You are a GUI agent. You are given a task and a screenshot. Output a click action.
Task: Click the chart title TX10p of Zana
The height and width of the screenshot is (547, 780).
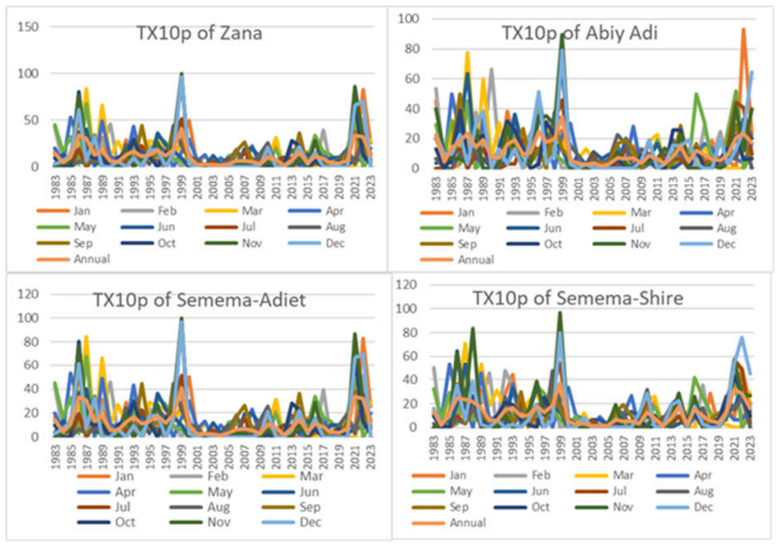tap(199, 34)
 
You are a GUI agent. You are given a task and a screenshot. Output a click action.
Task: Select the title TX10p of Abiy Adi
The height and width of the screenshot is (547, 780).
tap(579, 34)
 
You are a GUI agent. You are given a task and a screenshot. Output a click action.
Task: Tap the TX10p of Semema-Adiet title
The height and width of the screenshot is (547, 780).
tap(199, 300)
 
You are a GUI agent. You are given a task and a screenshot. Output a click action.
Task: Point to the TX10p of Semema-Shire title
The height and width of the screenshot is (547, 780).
tap(578, 299)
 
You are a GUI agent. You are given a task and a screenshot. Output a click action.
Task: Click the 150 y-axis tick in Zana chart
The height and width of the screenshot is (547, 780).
tap(28, 27)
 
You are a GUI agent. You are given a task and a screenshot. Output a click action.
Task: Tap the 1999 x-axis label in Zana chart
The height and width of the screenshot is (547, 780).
tap(182, 187)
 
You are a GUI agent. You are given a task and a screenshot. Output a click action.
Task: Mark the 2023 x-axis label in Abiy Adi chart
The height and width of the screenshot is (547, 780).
tap(752, 188)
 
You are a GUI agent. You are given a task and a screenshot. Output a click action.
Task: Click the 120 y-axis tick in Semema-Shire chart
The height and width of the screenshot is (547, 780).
tap(406, 285)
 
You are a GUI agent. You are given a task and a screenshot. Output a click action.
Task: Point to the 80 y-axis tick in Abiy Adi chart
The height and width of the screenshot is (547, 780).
tap(412, 49)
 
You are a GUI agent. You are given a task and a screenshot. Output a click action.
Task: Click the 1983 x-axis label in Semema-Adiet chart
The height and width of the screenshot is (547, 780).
tap(56, 457)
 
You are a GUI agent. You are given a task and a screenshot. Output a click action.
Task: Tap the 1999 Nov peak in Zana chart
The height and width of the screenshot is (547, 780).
tap(182, 74)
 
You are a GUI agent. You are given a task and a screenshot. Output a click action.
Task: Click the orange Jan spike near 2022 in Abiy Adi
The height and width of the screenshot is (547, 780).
tap(744, 30)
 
